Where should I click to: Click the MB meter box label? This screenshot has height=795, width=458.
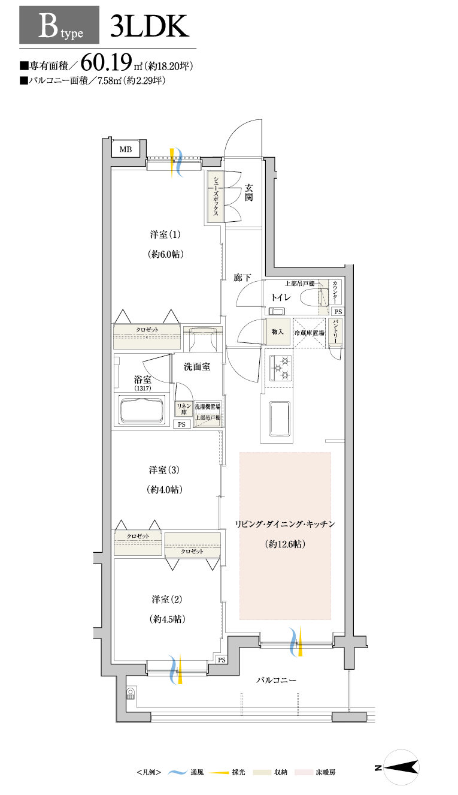tap(126, 150)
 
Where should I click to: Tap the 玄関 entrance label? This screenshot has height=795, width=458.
tap(249, 192)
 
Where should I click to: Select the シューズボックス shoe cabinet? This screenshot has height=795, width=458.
tap(215, 197)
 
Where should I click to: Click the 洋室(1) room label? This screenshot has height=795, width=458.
tap(165, 234)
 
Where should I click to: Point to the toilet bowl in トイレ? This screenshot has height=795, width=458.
tap(310, 297)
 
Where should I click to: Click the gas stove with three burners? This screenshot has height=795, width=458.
tap(280, 368)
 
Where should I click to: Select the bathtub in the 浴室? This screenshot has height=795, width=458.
tap(142, 410)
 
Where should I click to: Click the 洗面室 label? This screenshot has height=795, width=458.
tap(197, 366)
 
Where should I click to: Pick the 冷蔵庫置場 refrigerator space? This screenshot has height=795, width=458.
tap(309, 333)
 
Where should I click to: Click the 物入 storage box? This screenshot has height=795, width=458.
tap(278, 332)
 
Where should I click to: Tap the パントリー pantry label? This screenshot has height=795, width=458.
tap(335, 330)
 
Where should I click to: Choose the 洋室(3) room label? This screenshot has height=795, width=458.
tap(164, 470)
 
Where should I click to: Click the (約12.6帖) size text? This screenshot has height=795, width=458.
tap(285, 544)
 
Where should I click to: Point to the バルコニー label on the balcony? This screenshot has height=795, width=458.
tap(276, 680)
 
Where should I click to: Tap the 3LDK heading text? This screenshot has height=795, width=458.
tap(149, 26)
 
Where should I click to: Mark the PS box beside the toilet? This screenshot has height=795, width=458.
tap(338, 312)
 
